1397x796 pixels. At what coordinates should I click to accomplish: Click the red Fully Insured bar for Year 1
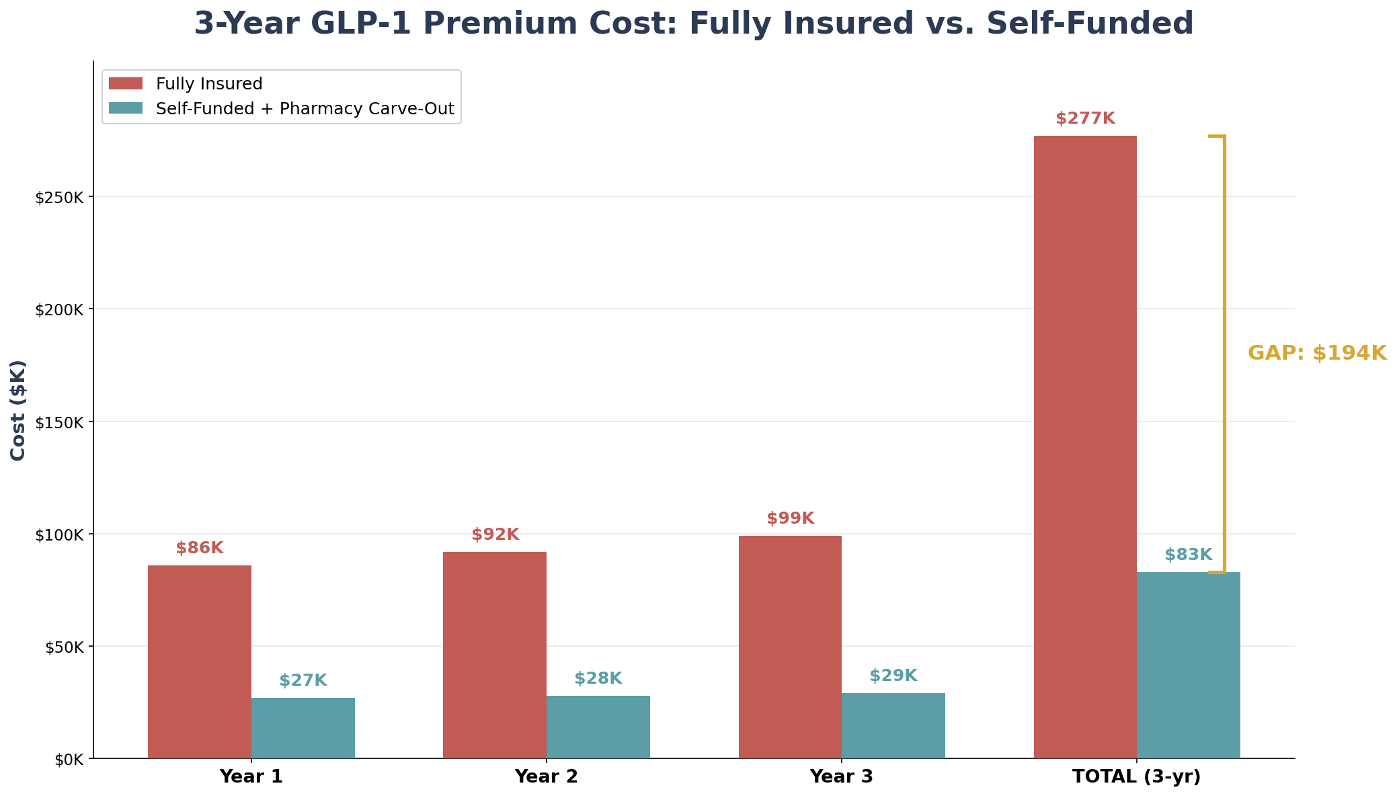tap(200, 662)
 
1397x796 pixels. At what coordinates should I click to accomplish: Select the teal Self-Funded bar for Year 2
tap(598, 727)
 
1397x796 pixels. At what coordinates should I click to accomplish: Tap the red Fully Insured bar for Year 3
tap(790, 647)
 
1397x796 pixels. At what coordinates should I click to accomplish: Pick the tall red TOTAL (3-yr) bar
tap(1085, 447)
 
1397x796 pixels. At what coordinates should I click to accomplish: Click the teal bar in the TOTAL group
tap(1188, 665)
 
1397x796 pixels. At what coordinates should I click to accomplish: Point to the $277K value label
tap(1085, 119)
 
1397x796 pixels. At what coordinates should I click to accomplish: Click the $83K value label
tap(1188, 555)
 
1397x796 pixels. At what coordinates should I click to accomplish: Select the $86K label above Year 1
tap(200, 549)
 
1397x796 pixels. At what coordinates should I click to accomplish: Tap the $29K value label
tap(893, 676)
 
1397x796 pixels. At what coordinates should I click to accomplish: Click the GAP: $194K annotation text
tap(1317, 354)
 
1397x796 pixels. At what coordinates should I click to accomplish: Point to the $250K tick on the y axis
tap(60, 198)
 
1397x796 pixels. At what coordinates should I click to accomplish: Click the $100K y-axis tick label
tap(60, 535)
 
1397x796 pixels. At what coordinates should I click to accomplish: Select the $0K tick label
tap(69, 760)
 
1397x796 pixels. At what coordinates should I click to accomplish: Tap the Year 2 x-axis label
tap(546, 777)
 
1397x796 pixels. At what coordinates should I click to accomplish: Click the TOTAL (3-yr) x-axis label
tap(1136, 777)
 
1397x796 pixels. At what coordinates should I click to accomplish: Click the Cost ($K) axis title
tap(18, 410)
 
